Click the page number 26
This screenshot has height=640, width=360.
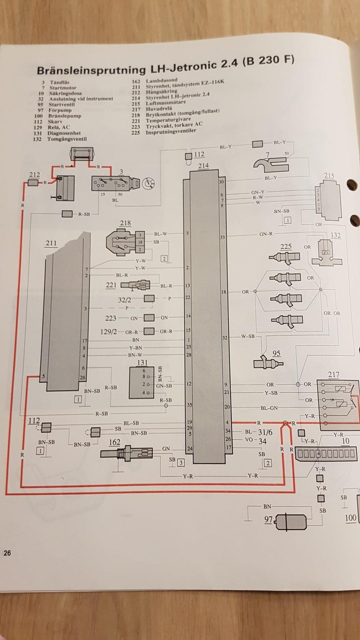[x=7, y=553]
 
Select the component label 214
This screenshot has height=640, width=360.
[x=204, y=166]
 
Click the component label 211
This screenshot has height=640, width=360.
[x=51, y=243]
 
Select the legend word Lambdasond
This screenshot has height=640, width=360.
[x=162, y=81]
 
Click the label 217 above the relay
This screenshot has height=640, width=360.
[x=333, y=375]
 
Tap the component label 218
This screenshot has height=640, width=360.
[x=125, y=223]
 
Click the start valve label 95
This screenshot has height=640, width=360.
[x=276, y=353]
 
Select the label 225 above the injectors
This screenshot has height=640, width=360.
[x=286, y=247]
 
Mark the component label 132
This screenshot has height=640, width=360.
[x=336, y=235]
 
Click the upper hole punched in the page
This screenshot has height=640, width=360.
[x=351, y=184]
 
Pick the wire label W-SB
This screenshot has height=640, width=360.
[x=248, y=336]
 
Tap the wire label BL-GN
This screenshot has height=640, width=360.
[x=269, y=408]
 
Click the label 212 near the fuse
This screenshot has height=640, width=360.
[x=34, y=175]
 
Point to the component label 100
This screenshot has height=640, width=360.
[x=350, y=518]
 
